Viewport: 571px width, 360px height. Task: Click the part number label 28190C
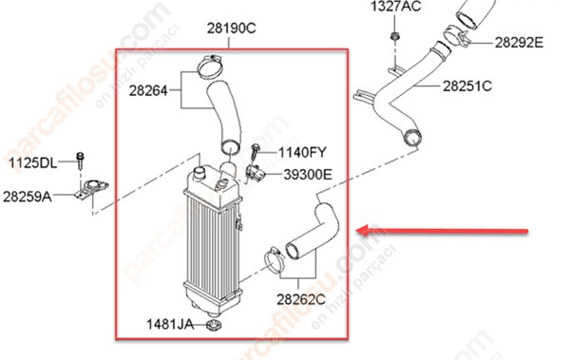[x=232, y=28]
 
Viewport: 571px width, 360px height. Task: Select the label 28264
[x=148, y=90]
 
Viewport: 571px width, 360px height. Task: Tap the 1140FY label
[x=302, y=152]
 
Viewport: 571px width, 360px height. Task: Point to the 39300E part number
[x=308, y=175]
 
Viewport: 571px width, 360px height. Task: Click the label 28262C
[x=301, y=299]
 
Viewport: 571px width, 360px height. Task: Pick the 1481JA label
[x=170, y=324]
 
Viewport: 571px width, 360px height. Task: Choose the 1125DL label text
[x=32, y=162]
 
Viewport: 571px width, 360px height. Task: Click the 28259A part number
[x=28, y=197]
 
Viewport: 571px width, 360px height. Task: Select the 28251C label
[x=467, y=86]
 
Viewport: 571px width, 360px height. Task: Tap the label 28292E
[x=519, y=43]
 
